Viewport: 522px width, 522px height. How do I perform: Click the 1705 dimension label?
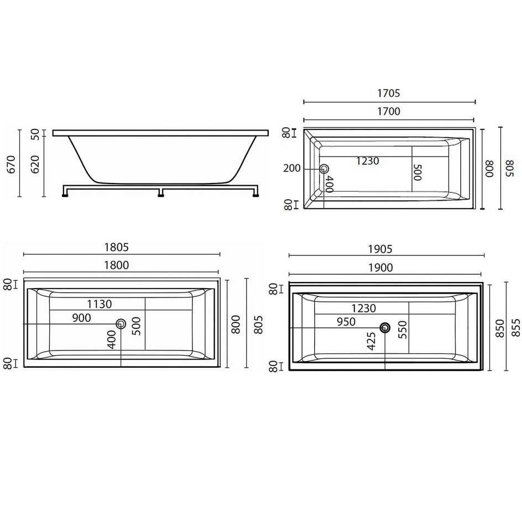point(389,93)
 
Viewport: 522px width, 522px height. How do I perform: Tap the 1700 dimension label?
point(389,111)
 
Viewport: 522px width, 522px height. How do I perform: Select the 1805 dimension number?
point(116,247)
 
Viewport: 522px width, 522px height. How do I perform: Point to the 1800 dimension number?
point(116,265)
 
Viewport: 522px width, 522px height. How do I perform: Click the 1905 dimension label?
point(380,249)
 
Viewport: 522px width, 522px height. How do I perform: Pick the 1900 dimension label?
point(380,268)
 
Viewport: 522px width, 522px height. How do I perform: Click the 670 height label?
point(11,164)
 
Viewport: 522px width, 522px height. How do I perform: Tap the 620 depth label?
point(35,164)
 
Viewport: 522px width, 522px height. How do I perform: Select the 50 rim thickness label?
point(35,134)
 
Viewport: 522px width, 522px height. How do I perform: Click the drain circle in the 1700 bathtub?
point(324,169)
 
